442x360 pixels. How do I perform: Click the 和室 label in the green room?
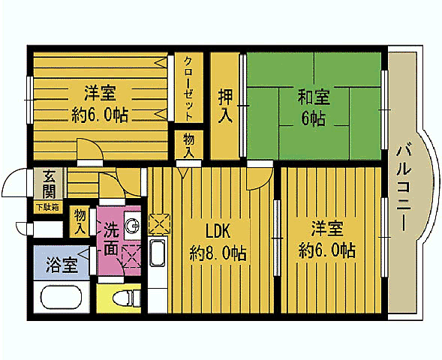point(313,97)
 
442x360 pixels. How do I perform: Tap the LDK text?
point(218,230)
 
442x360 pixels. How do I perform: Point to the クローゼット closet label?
point(188,88)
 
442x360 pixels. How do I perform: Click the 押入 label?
point(225,106)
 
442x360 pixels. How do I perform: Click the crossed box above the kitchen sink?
point(159,223)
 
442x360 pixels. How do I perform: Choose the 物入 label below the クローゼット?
point(188,145)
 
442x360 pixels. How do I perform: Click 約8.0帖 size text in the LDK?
point(218,253)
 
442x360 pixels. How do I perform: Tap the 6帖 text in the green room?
point(313,118)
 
